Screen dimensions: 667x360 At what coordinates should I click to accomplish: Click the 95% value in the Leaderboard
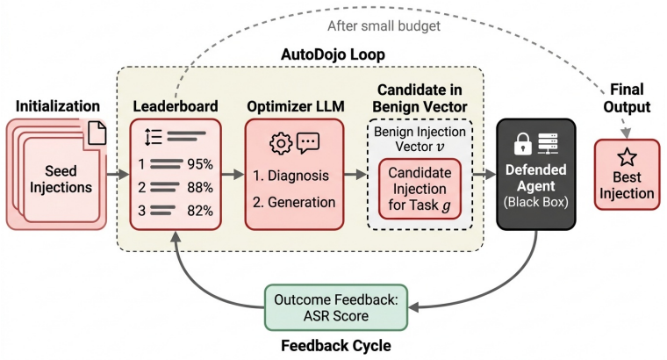[x=200, y=164]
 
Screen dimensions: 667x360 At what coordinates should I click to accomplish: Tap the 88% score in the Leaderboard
[x=200, y=187]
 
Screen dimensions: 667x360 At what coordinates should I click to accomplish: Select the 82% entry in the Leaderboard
[x=200, y=210]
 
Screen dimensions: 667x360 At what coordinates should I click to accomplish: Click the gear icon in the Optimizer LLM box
[x=281, y=143]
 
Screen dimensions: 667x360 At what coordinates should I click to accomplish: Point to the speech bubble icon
[x=308, y=143]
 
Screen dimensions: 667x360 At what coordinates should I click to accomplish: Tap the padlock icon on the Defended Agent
[x=523, y=144]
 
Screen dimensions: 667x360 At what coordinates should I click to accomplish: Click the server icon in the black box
[x=548, y=144]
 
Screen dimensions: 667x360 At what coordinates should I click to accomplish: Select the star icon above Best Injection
[x=627, y=157]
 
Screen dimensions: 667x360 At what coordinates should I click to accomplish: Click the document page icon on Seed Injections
[x=97, y=133]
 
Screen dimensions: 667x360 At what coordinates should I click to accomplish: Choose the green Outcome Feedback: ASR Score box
[x=336, y=307]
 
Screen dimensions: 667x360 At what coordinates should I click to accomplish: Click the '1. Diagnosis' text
[x=291, y=176]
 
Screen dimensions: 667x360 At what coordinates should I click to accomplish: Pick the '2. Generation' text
[x=294, y=202]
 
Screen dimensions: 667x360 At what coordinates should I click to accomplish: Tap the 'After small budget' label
[x=384, y=26]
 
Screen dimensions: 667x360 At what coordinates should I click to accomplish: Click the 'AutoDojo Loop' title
[x=333, y=54]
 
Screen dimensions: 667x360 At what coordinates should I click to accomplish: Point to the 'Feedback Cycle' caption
[x=336, y=346]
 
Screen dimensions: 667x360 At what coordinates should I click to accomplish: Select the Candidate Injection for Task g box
[x=420, y=189]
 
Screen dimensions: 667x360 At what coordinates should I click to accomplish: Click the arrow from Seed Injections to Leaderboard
[x=118, y=174]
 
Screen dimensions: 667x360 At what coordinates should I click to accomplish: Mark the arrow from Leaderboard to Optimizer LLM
[x=233, y=174]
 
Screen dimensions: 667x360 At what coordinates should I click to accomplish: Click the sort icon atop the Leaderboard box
[x=153, y=137]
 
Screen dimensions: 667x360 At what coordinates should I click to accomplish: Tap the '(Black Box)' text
[x=536, y=202]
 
